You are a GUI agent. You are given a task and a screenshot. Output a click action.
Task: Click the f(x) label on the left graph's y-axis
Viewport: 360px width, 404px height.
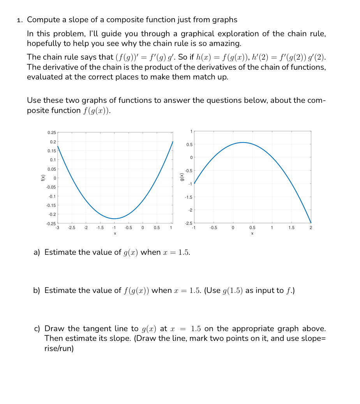(42, 178)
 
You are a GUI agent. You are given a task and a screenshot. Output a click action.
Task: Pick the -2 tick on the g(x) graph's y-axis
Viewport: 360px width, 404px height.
(190, 210)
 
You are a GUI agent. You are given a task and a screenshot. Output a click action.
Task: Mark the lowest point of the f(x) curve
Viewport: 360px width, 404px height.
(114, 219)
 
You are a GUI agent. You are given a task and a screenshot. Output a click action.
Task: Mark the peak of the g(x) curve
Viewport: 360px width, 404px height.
(243, 142)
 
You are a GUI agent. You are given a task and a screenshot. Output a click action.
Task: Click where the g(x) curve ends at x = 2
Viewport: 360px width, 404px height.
(311, 222)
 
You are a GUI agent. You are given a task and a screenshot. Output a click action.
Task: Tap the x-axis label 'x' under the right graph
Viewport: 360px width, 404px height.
(252, 233)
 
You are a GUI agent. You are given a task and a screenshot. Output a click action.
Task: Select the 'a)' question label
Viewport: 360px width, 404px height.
(37, 252)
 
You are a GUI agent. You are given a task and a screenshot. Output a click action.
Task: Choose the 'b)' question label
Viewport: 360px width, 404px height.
(37, 291)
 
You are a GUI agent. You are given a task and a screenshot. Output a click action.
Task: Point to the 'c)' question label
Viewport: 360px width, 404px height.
(37, 329)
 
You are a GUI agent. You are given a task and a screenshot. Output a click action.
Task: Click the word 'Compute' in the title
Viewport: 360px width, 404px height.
(42, 20)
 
